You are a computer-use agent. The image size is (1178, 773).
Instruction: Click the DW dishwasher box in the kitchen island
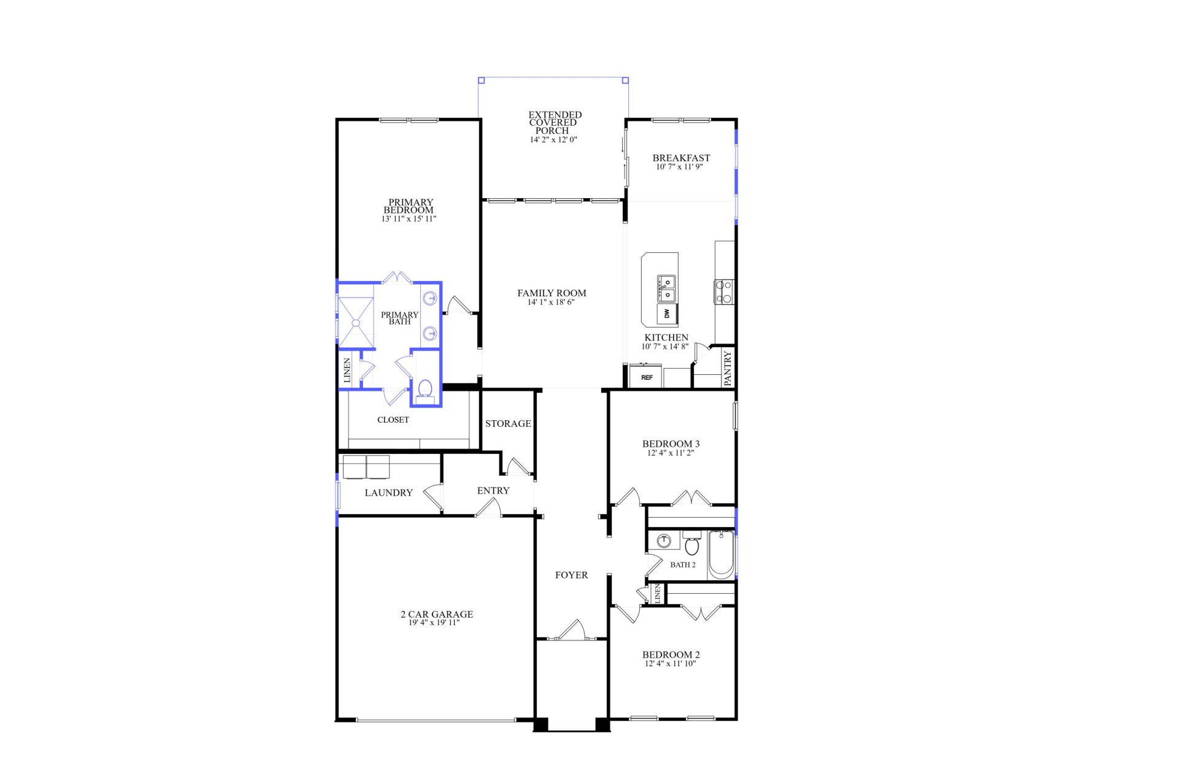coord(667,314)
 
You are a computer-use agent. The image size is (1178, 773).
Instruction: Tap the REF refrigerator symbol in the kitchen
coord(646,377)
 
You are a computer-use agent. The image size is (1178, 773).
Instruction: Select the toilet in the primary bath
coord(425,390)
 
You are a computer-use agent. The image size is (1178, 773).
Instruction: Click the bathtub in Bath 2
coord(721,555)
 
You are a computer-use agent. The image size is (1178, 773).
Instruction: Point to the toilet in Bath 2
coord(692,544)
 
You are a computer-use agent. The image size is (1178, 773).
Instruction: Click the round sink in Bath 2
coord(664,541)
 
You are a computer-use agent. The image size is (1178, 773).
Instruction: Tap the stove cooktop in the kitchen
coord(724,291)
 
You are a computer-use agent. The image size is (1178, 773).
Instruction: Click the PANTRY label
coord(728,368)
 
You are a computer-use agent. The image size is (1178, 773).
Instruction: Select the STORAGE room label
coord(508,423)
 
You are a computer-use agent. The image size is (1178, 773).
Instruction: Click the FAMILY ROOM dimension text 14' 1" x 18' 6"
coord(551,302)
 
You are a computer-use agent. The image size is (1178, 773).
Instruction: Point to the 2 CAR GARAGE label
coord(437,614)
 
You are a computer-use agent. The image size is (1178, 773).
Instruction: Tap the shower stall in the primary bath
coord(356,323)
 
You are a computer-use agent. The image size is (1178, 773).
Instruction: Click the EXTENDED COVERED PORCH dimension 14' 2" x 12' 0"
coord(553,140)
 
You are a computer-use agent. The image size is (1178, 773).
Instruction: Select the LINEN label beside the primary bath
coord(347,371)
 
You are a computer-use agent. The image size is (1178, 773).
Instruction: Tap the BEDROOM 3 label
coord(671,444)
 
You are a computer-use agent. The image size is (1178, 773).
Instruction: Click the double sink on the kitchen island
coord(667,289)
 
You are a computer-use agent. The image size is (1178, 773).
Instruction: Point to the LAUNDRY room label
coord(388,493)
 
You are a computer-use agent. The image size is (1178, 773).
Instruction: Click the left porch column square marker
coord(482,80)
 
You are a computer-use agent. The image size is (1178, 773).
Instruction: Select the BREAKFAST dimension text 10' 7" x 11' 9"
coord(679,167)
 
